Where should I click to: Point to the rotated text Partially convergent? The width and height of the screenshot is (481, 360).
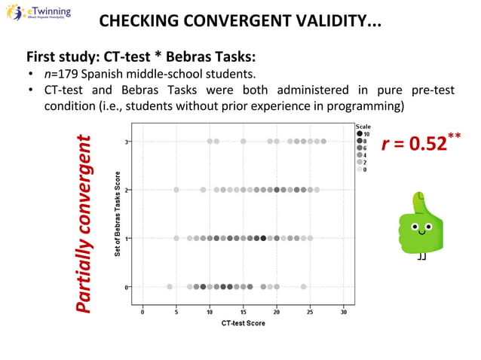pos(88,224)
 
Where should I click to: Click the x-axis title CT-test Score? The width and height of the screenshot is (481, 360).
pos(243,323)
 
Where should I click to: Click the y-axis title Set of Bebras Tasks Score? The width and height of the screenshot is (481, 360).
pos(118,215)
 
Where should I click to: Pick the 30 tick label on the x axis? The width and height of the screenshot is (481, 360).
pos(344,312)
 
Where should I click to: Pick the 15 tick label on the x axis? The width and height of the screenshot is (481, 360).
pos(243,312)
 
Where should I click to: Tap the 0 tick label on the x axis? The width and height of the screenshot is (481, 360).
pos(142,312)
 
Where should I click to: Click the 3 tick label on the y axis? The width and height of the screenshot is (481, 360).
pos(127,142)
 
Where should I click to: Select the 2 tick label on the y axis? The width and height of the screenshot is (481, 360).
pos(127,190)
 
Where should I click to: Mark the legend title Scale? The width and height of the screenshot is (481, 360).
pos(363,127)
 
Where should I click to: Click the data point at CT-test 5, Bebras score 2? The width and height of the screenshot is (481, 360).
pos(176,190)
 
